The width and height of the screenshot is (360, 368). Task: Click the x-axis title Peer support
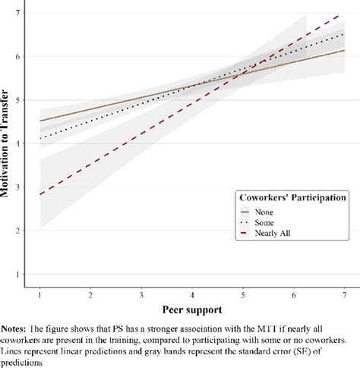[x=192, y=310]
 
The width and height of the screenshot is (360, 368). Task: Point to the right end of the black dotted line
[x=343, y=33]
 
